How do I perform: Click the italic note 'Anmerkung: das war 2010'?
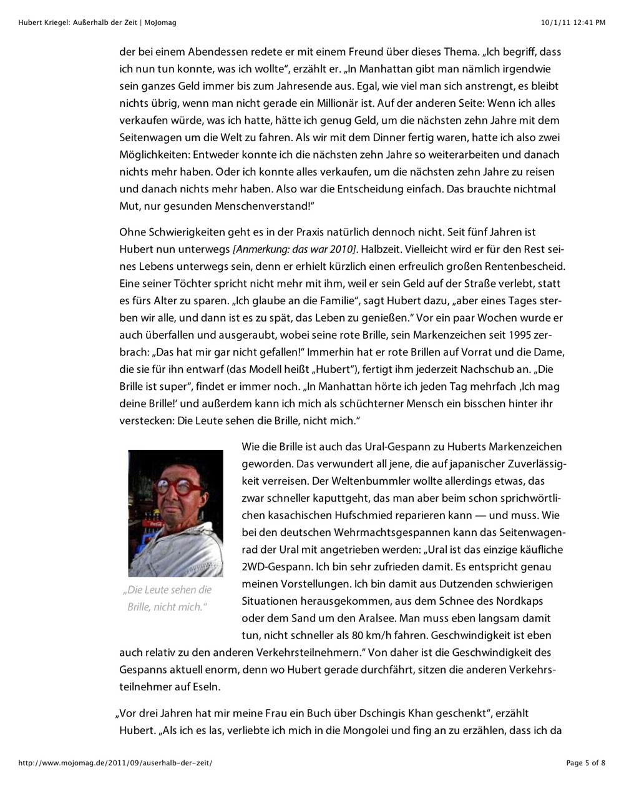coord(295,249)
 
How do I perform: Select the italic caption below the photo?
coord(167,598)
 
